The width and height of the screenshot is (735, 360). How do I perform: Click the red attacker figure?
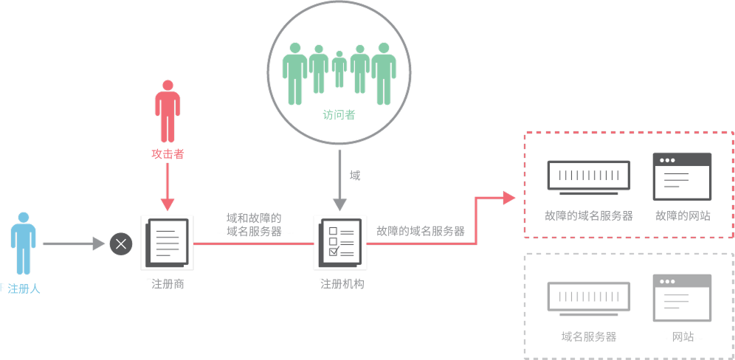point(168,111)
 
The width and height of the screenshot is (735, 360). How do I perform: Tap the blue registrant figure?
point(24,243)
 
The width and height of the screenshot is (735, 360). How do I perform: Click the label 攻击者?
point(168,154)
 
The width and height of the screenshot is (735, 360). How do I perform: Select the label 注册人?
point(24,288)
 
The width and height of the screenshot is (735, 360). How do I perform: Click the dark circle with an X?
point(121,243)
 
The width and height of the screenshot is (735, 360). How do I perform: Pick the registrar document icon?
point(168,243)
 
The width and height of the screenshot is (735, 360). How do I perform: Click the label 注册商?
point(168,284)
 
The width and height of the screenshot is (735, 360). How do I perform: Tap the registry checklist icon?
point(341,243)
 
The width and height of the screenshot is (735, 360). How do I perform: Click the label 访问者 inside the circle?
point(339,115)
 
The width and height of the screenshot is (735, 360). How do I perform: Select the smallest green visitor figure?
point(339,69)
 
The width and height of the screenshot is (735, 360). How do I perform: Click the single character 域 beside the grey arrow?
point(355,176)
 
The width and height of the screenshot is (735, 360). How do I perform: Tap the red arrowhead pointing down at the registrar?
point(168,204)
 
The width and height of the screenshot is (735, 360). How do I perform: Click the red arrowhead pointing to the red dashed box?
point(509,198)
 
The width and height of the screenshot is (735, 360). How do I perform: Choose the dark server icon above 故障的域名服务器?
point(589,178)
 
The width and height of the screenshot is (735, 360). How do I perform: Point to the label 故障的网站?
point(683,215)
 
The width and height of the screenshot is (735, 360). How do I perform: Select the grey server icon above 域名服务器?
point(589,299)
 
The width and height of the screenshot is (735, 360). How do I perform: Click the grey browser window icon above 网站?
point(682,297)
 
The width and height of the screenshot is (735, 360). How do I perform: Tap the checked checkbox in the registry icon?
point(334,252)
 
